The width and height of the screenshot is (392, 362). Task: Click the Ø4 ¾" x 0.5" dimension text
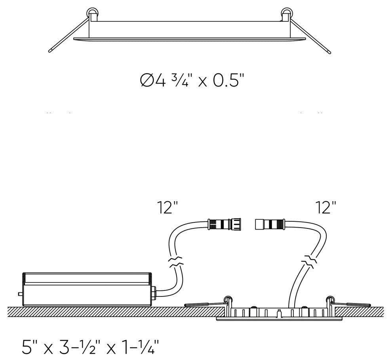(x=192, y=81)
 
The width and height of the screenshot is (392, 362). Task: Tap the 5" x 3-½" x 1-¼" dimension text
(x=90, y=346)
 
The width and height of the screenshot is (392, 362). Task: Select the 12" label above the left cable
(x=167, y=207)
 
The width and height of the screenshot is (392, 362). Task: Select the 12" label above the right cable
(x=326, y=207)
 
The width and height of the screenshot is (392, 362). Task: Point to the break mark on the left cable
(x=176, y=262)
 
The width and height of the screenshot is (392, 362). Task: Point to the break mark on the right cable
(x=309, y=262)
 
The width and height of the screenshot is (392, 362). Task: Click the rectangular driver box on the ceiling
(x=88, y=289)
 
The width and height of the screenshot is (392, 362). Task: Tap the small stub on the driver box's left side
(x=20, y=294)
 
